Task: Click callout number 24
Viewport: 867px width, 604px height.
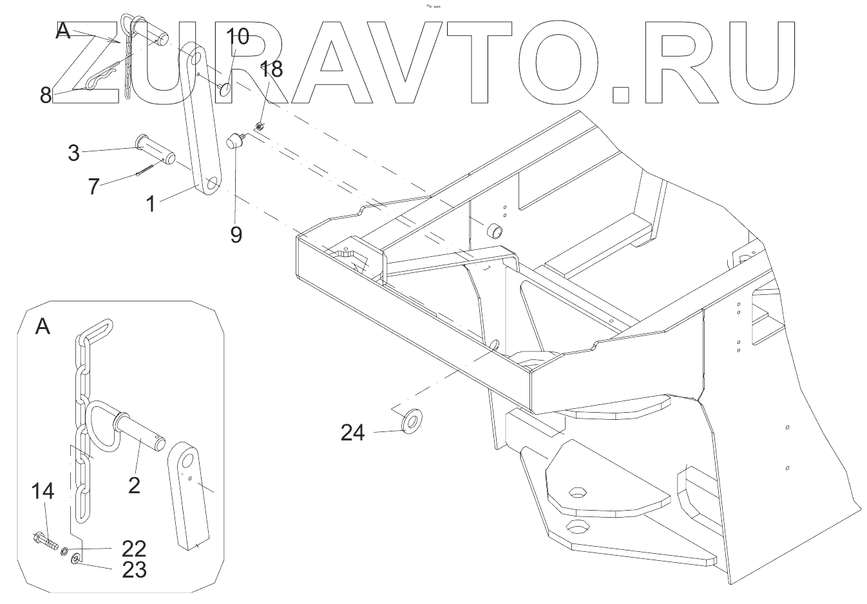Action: (352, 433)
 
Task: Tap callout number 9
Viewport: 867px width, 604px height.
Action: (236, 234)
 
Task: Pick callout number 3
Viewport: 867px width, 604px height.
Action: (73, 153)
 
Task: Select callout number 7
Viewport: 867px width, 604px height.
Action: (94, 186)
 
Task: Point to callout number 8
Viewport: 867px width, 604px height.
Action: (46, 95)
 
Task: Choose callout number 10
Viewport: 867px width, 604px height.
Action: (236, 37)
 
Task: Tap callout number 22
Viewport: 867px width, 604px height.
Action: (133, 549)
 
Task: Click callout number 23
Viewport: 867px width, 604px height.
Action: (133, 570)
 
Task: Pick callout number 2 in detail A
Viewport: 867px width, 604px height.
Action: (134, 484)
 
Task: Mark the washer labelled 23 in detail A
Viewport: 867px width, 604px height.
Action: (75, 558)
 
